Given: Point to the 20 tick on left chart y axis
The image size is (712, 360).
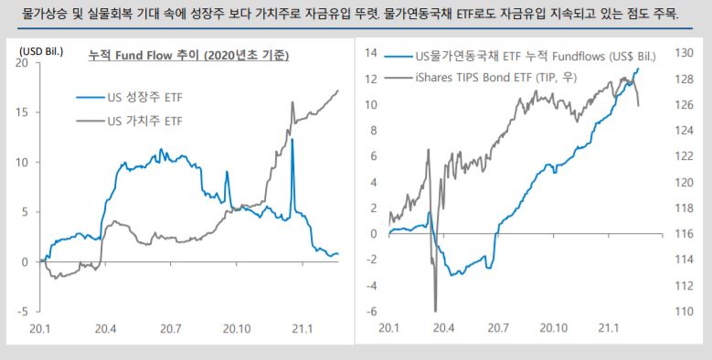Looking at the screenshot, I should (x=23, y=63).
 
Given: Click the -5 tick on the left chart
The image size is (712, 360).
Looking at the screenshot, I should (x=23, y=312).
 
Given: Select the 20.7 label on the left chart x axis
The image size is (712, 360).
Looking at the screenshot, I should (x=171, y=328).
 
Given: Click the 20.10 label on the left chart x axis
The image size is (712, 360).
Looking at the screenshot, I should (x=237, y=328).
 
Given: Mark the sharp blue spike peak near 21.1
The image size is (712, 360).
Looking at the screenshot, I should (x=292, y=140).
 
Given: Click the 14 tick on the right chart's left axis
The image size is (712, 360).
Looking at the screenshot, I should (x=371, y=53).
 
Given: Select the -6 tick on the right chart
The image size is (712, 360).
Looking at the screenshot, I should (x=371, y=312).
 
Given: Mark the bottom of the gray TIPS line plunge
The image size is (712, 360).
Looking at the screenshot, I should (x=435, y=310).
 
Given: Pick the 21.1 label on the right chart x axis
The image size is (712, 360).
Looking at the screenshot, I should (x=606, y=328).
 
